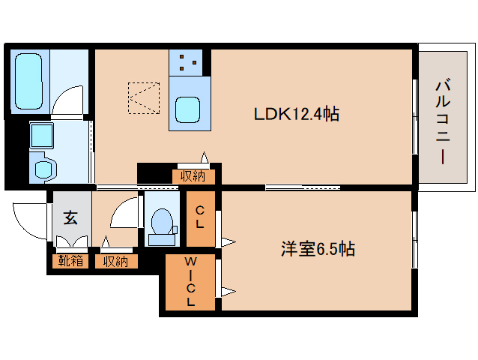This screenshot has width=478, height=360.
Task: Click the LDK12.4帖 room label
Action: point(297,115)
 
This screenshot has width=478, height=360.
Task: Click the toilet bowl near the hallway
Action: point(161,223)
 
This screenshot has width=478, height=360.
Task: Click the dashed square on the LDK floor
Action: point(143,97)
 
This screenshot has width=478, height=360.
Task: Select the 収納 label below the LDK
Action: point(193,177)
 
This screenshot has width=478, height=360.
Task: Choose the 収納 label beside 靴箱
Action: point(115,261)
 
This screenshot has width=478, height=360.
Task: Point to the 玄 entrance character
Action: point(70,218)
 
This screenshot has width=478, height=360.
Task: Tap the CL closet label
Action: point(201,217)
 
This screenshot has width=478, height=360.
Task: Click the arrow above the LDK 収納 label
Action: point(204,158)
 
